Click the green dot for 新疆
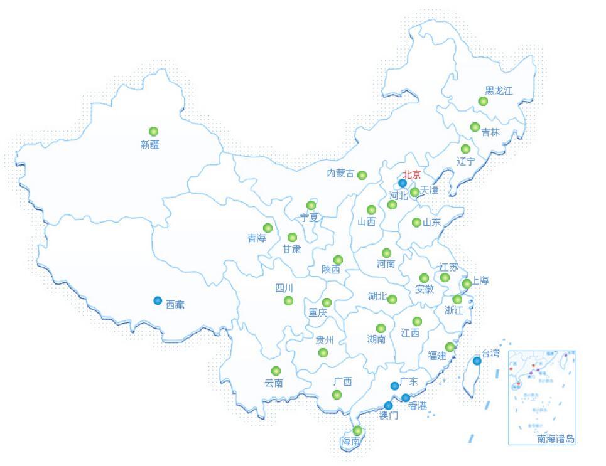(x=153, y=131)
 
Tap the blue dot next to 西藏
(x=158, y=300)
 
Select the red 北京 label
(x=412, y=174)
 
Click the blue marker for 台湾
(x=477, y=361)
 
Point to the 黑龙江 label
(x=499, y=91)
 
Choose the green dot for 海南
(x=357, y=430)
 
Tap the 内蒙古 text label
(x=340, y=174)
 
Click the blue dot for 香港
(x=406, y=398)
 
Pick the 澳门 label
(x=389, y=415)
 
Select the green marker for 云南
(x=276, y=371)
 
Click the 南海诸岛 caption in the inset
(x=556, y=439)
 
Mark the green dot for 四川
(x=288, y=301)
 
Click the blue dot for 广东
(x=394, y=386)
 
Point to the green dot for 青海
(x=268, y=228)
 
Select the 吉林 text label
(x=490, y=132)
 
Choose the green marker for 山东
(x=416, y=222)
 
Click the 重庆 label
(x=317, y=312)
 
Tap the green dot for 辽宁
(x=465, y=149)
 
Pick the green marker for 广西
(x=337, y=395)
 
